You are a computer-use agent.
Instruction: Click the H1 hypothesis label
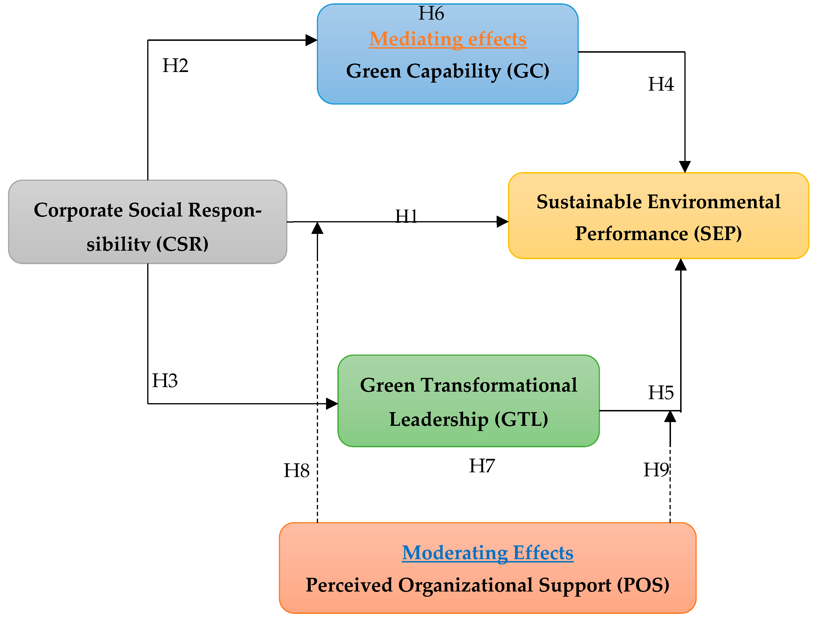[x=406, y=216]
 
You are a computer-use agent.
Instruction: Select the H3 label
[x=165, y=380]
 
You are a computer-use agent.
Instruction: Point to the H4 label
[x=661, y=84]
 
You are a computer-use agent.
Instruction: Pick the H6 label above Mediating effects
[x=431, y=14]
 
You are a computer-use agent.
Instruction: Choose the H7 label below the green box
[x=482, y=465]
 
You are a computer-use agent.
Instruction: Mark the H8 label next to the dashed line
[x=296, y=471]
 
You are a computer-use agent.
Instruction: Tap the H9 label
[x=656, y=470]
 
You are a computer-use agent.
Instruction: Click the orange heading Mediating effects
[x=448, y=39]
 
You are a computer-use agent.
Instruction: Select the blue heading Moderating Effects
[x=488, y=553]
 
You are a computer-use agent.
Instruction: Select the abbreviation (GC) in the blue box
[x=528, y=71]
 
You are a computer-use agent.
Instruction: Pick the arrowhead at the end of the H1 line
[x=502, y=222]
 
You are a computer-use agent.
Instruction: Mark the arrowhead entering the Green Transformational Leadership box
[x=332, y=403]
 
